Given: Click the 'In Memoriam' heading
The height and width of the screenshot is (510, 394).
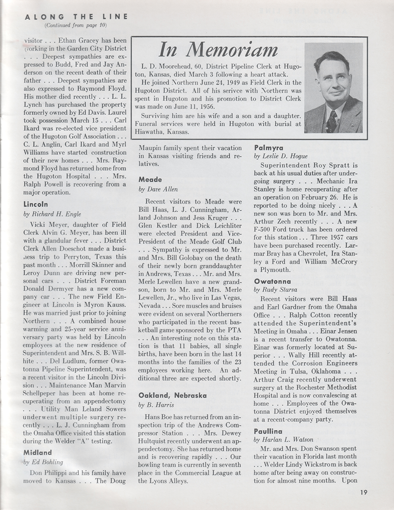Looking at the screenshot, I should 218,50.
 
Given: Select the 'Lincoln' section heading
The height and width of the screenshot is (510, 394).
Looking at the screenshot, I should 36,205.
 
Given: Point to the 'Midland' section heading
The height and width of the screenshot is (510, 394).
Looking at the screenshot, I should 38,452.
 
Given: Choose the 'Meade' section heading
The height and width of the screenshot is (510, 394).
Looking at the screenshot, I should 151,180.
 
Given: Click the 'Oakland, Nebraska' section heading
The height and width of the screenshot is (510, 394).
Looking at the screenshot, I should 172,395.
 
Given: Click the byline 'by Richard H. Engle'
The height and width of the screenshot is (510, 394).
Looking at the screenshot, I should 52,214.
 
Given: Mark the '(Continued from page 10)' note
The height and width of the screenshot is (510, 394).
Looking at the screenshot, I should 76,25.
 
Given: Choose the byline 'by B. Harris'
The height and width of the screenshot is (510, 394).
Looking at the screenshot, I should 154,405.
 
